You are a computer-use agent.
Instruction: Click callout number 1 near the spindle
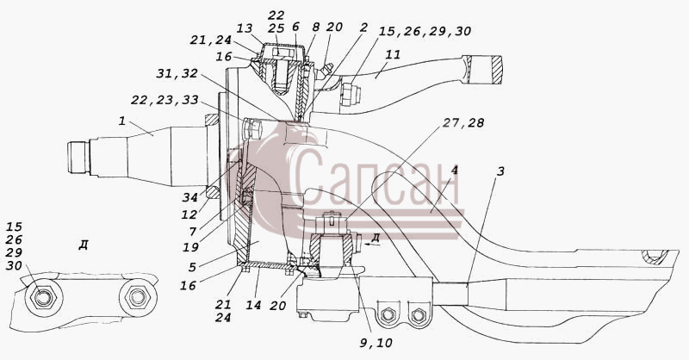tap(121, 121)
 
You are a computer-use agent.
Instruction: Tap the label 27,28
tap(462, 122)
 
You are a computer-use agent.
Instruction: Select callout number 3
tap(500, 171)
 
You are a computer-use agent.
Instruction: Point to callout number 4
tap(455, 171)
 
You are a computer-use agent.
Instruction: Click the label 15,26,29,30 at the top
tap(425, 32)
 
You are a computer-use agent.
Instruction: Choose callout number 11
tap(394, 55)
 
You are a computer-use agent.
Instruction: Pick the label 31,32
tap(177, 73)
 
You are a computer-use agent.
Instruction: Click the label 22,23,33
tap(164, 100)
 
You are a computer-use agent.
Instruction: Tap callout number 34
tap(189, 198)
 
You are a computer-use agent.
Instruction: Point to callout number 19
tap(190, 247)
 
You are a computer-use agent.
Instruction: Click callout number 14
tap(253, 305)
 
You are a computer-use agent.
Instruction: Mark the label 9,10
tap(376, 343)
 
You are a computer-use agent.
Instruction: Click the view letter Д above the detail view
tap(83, 245)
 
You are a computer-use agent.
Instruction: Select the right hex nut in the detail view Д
tap(138, 298)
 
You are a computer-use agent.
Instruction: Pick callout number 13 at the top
tap(245, 28)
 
